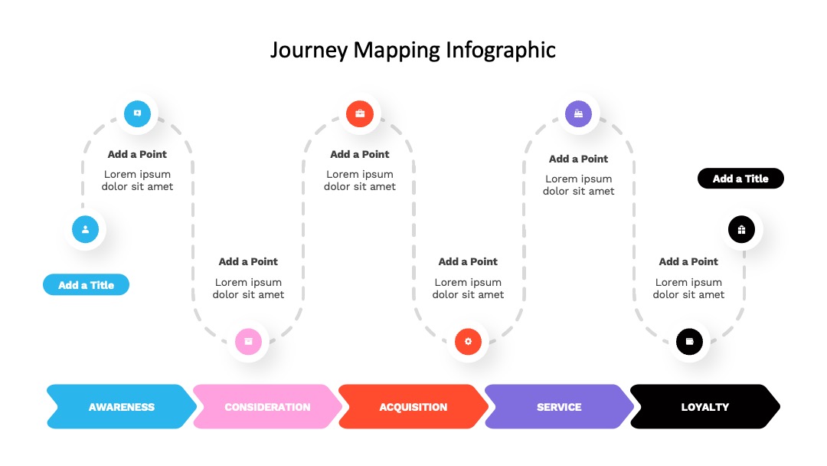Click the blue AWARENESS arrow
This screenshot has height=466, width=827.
[x=121, y=406]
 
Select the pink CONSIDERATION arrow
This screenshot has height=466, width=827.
[x=267, y=406]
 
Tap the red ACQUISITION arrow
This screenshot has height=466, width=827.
[x=413, y=406]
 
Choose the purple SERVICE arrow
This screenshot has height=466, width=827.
[x=559, y=406]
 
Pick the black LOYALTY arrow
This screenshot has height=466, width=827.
[x=704, y=406]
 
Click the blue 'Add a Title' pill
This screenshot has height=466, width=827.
[x=86, y=285]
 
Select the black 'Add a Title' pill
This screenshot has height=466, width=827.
[x=740, y=179]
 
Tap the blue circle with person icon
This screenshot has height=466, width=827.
[x=86, y=230]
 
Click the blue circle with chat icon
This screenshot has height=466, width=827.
[x=137, y=113]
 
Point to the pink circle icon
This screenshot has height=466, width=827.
[x=248, y=341]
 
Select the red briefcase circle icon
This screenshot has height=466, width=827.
[x=360, y=113]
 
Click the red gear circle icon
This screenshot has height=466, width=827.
[x=468, y=341]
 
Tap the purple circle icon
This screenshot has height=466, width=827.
[x=579, y=113]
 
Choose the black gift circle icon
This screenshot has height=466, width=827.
[x=741, y=230]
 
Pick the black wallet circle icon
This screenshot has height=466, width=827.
[x=689, y=341]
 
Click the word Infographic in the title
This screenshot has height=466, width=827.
[x=501, y=51]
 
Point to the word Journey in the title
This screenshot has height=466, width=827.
[x=309, y=51]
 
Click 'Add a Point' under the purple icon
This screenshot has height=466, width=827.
[x=579, y=159]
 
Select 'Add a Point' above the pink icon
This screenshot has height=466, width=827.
[x=248, y=261]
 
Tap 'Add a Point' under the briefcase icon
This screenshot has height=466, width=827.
[x=360, y=154]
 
